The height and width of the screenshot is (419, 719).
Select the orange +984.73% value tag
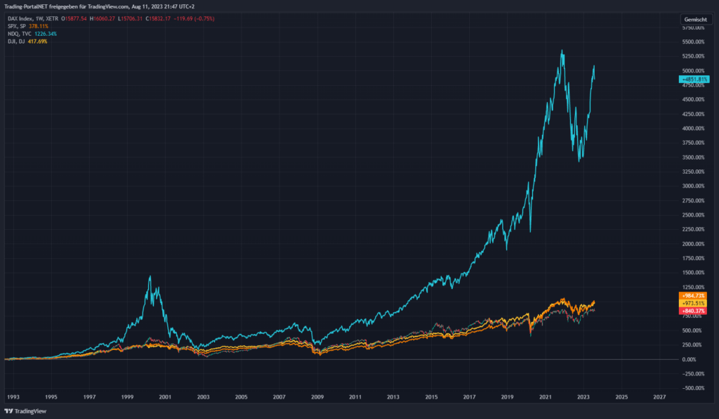point(694,296)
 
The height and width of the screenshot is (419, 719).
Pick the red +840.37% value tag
point(694,311)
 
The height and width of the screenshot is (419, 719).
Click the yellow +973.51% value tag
point(694,303)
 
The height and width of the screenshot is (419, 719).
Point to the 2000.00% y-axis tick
point(694,244)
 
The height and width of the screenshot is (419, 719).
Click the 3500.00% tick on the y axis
point(694,157)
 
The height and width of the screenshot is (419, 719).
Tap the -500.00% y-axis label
point(694,388)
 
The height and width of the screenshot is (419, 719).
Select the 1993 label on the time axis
point(13,397)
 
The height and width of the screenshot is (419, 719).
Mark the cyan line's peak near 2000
point(150,276)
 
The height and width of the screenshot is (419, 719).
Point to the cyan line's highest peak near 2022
point(562,51)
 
